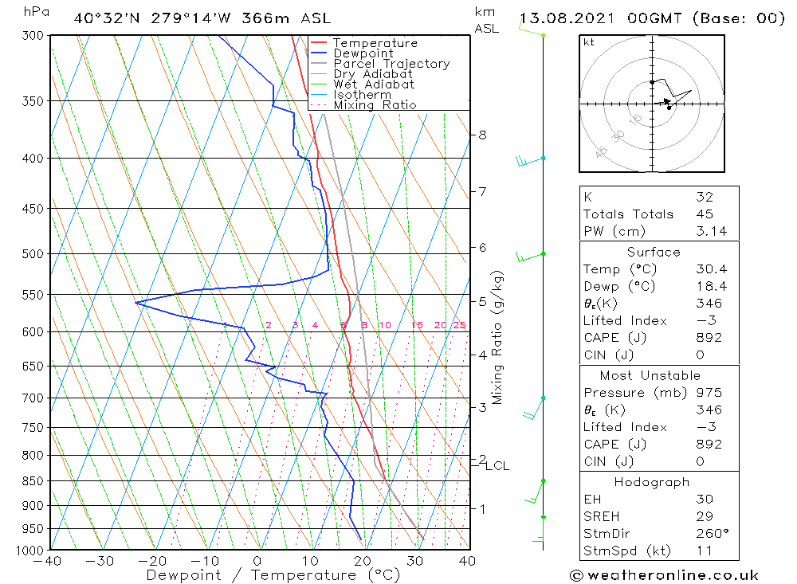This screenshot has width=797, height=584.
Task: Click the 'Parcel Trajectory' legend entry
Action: pyautogui.click(x=391, y=64)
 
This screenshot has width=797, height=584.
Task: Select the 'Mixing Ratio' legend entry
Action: pyautogui.click(x=375, y=105)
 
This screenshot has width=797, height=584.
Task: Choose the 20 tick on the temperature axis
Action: pyautogui.click(x=363, y=561)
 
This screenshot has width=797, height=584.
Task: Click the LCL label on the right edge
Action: pyautogui.click(x=497, y=465)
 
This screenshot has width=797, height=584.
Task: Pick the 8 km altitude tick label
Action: pyautogui.click(x=482, y=135)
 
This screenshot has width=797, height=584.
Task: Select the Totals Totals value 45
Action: pyautogui.click(x=704, y=214)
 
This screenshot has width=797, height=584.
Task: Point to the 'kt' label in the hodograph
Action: pyautogui.click(x=589, y=42)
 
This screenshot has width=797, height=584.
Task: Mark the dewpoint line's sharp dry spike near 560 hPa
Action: pyautogui.click(x=136, y=303)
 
